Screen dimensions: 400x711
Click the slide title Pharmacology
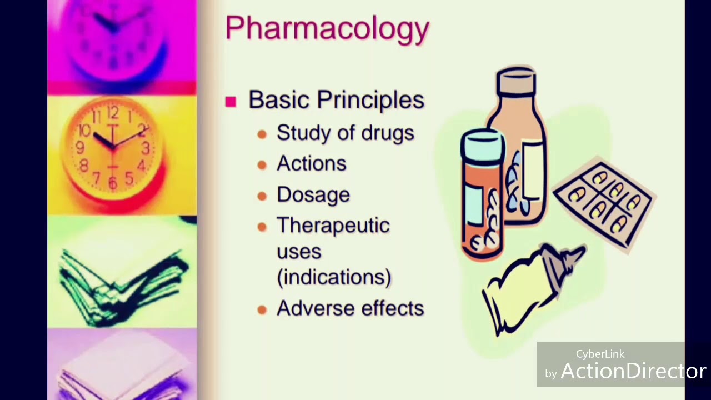pos(327,28)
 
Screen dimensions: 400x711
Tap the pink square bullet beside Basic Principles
pos(231,102)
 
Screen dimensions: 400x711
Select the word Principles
pos(370,101)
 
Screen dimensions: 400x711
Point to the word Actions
pos(312,163)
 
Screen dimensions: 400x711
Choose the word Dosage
pos(313,194)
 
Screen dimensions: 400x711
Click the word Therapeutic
pos(333,226)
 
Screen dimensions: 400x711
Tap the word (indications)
pos(334,277)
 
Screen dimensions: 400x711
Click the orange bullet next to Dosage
pos(262,196)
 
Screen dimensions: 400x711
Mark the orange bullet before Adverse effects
pos(262,309)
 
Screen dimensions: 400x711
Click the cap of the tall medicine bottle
pos(516,81)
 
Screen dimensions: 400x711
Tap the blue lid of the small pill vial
pos(482,141)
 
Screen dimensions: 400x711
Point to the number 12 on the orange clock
pos(113,113)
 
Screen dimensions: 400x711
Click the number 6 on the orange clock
pos(113,183)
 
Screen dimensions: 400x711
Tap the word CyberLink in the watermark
pos(600,354)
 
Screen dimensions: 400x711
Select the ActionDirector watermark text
pos(633,371)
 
